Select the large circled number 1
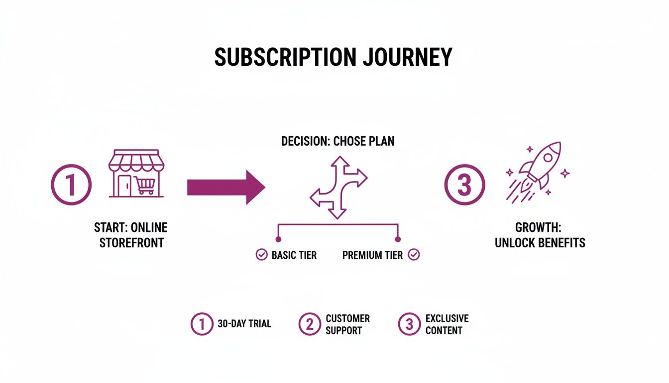[71, 186]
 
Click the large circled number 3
[464, 186]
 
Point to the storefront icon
[136, 173]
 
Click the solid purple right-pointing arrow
[225, 187]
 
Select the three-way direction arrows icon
[338, 187]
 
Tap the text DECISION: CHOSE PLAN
[338, 141]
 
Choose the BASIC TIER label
[294, 255]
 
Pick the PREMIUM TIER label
[373, 255]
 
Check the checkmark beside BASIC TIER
[261, 255]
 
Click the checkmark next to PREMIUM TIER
[414, 255]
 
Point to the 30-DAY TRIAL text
[244, 324]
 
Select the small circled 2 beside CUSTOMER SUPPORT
[310, 324]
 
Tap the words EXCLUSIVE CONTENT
[447, 324]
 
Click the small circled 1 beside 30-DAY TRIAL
[202, 324]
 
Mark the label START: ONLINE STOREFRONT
[131, 235]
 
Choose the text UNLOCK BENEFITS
[540, 243]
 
